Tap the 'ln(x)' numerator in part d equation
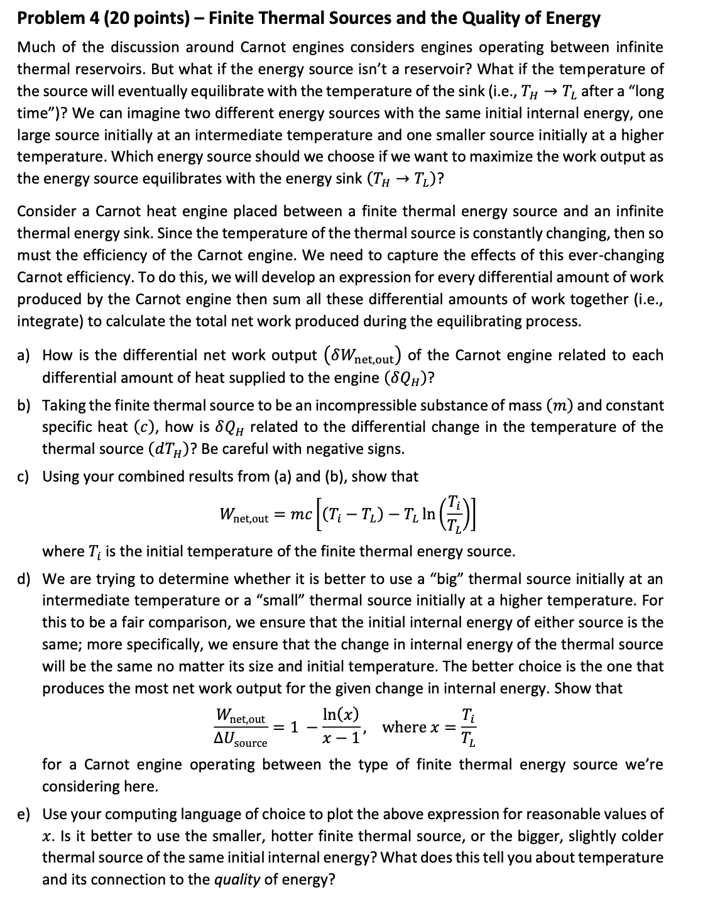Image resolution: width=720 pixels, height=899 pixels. [x=341, y=715]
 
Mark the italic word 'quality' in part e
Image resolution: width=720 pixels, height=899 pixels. [x=237, y=880]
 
